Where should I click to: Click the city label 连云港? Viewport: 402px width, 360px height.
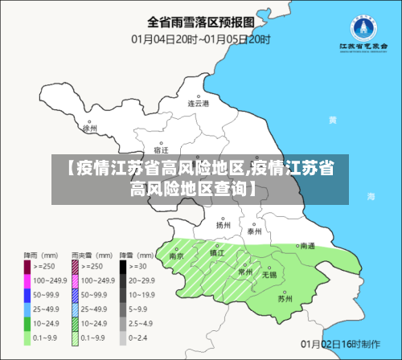(x=198, y=104)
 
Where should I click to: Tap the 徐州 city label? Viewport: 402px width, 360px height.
(x=89, y=128)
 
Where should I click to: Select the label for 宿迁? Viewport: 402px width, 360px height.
(x=161, y=150)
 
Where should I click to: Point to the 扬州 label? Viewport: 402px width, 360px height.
(x=223, y=226)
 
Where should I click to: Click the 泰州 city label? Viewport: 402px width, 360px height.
(x=255, y=231)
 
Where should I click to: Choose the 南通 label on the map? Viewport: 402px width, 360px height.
(x=307, y=246)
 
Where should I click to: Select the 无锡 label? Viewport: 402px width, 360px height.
(x=268, y=275)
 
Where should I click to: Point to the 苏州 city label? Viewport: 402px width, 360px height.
(x=285, y=299)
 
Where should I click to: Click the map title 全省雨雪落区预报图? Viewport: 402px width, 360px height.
(x=200, y=21)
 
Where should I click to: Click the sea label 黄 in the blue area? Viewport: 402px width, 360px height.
(x=355, y=120)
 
